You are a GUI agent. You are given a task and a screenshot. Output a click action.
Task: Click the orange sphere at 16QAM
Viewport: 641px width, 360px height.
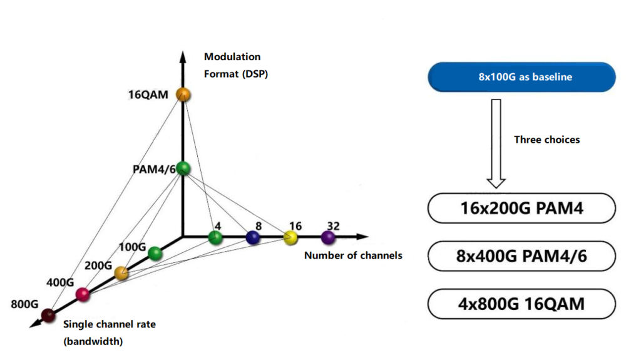pyautogui.click(x=183, y=95)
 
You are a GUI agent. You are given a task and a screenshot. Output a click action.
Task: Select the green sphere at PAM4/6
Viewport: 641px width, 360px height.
pyautogui.click(x=183, y=168)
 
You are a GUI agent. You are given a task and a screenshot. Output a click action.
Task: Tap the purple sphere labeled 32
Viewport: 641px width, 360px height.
pyautogui.click(x=328, y=237)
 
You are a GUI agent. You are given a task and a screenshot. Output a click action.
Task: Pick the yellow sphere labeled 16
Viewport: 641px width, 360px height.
pyautogui.click(x=290, y=237)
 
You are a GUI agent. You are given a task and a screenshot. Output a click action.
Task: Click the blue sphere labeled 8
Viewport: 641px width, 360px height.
pyautogui.click(x=252, y=237)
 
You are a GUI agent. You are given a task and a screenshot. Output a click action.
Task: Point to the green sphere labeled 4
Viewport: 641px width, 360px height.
pyautogui.click(x=215, y=237)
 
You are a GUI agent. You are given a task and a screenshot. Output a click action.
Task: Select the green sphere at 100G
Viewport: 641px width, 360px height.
pyautogui.click(x=155, y=253)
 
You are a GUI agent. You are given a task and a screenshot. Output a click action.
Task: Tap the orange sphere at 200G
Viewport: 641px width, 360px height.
pyautogui.click(x=121, y=273)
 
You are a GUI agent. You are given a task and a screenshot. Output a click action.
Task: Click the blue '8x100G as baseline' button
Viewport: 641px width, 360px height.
pyautogui.click(x=521, y=77)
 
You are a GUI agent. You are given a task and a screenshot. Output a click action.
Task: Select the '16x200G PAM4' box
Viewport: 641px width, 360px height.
pyautogui.click(x=521, y=208)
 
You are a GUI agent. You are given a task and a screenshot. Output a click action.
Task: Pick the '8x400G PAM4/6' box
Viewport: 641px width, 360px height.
pyautogui.click(x=521, y=256)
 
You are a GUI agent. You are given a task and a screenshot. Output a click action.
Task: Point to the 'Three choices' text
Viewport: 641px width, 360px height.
pyautogui.click(x=546, y=140)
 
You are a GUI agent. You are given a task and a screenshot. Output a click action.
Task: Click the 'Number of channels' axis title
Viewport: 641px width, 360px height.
pyautogui.click(x=352, y=255)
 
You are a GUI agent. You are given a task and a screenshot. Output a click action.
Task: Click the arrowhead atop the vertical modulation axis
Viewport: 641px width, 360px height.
pyautogui.click(x=183, y=56)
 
